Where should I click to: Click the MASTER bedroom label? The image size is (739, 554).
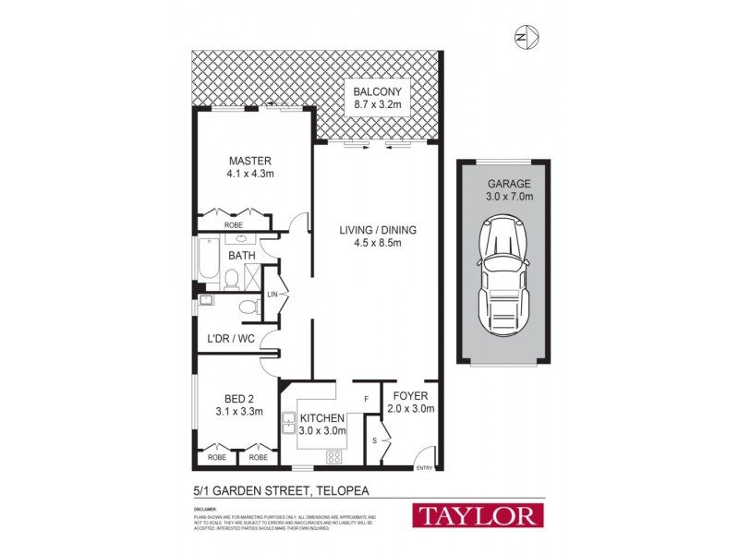pyautogui.click(x=250, y=161)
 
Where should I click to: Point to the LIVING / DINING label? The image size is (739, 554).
pyautogui.click(x=376, y=230)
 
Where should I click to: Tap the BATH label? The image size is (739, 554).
pyautogui.click(x=242, y=256)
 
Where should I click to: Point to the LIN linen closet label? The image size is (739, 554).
pyautogui.click(x=273, y=294)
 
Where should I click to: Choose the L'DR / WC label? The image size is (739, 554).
pyautogui.click(x=230, y=339)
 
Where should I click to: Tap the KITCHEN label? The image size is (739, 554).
pyautogui.click(x=321, y=418)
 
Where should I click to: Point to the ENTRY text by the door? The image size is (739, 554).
pyautogui.click(x=425, y=468)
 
